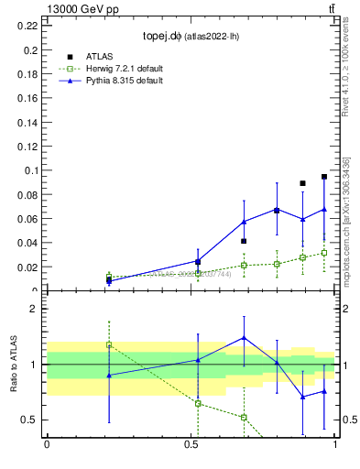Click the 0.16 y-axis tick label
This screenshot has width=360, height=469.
click(x=27, y=97)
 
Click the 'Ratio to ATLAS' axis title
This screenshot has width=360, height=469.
click(x=14, y=364)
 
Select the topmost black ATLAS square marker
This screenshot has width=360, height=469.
click(x=324, y=177)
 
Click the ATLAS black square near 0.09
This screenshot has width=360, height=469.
click(x=302, y=183)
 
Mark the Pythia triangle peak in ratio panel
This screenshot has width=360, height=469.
click(x=244, y=337)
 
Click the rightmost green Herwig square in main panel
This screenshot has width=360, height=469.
click(x=324, y=253)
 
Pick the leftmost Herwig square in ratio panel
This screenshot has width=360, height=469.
click(x=109, y=344)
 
